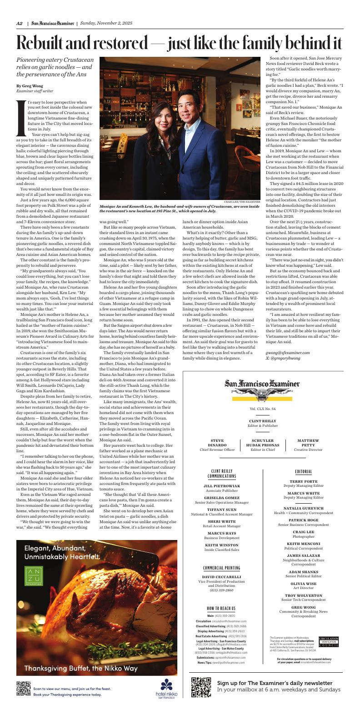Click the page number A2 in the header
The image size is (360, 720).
coord(20,24)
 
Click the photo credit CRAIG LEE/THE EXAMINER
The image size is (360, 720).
coord(242,201)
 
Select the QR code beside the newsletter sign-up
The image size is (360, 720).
coord(201,686)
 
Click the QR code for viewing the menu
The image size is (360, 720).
coord(23,689)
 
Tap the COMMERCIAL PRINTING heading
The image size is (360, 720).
coord(221,568)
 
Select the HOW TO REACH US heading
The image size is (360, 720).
coord(221,608)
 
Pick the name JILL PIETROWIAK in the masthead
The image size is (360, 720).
coord(221,486)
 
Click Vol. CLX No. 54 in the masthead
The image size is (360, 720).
coord(262,409)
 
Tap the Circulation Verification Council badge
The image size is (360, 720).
coord(329,641)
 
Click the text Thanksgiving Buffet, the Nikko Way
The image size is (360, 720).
coord(80,668)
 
